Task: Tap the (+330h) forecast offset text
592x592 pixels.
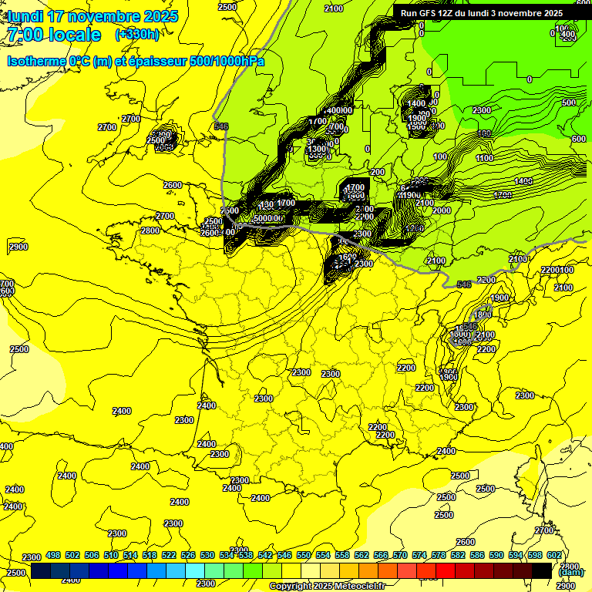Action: tap(136, 35)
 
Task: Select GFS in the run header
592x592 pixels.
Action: tap(429, 13)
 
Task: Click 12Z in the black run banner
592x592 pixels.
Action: tap(449, 13)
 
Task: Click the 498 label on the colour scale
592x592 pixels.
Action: tap(53, 555)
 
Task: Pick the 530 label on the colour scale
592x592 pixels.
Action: tap(207, 555)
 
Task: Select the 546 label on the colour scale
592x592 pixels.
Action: tap(284, 555)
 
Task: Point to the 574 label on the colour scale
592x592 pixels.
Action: tap(419, 555)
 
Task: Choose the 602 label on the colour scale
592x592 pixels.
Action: tap(554, 555)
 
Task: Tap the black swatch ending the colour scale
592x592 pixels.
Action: tap(543, 570)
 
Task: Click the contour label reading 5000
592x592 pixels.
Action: tap(266, 218)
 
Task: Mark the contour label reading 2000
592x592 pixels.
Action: tap(442, 210)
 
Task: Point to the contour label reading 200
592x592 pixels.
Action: tap(378, 172)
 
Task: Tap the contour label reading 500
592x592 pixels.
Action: tap(569, 103)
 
